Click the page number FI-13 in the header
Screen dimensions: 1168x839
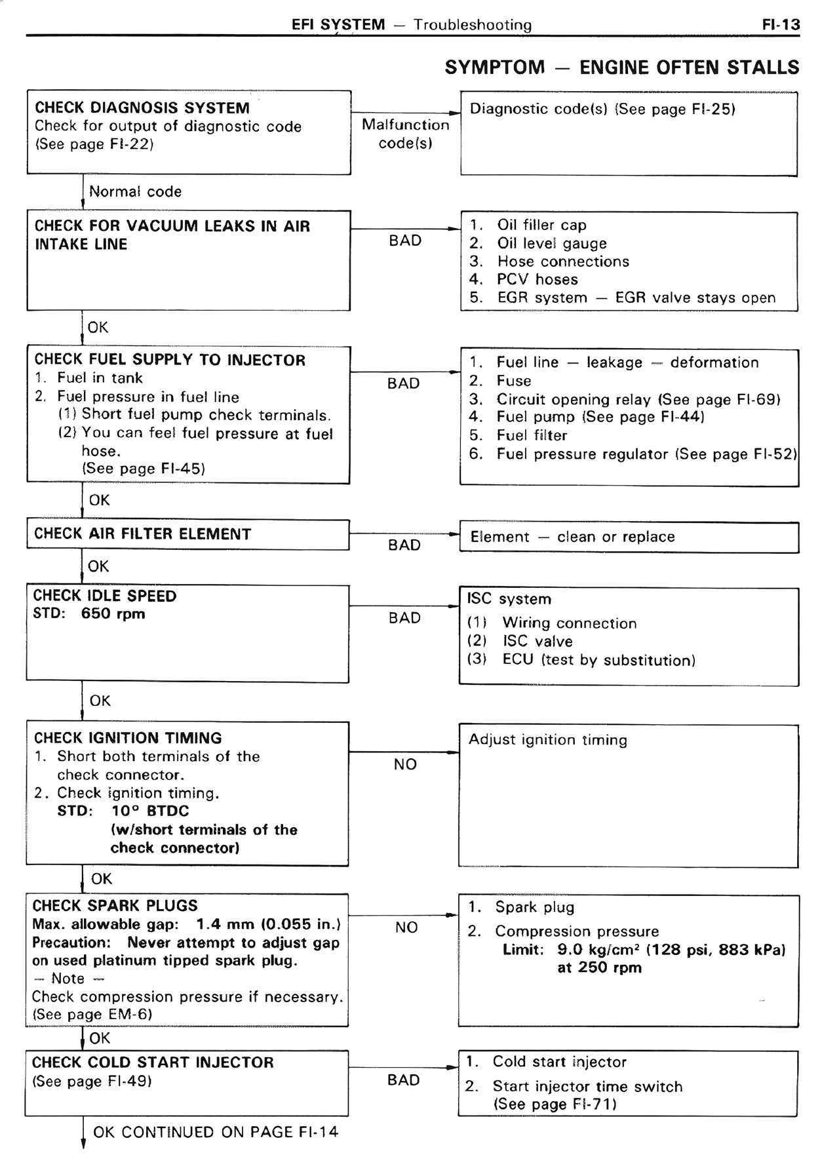click(x=781, y=25)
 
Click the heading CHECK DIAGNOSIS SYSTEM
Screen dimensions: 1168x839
click(x=142, y=108)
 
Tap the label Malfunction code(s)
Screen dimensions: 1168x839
click(x=405, y=134)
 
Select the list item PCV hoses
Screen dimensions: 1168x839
click(x=537, y=280)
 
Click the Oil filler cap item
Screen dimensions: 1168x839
click(x=541, y=225)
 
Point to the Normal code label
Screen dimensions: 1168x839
click(x=135, y=192)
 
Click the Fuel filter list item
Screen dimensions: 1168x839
click(x=531, y=436)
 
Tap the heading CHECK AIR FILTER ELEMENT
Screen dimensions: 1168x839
click(x=142, y=534)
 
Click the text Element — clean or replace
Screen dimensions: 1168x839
click(x=572, y=537)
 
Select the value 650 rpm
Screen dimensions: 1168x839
click(x=113, y=614)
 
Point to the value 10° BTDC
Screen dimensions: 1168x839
click(x=150, y=811)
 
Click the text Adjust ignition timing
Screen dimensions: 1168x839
click(x=547, y=740)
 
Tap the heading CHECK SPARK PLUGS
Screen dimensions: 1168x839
click(x=115, y=906)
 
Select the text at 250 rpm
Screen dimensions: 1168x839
click(x=599, y=967)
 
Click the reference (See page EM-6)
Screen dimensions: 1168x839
click(x=92, y=1015)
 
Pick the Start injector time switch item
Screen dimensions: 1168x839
click(x=587, y=1087)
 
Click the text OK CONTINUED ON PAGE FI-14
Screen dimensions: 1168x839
click(x=216, y=1133)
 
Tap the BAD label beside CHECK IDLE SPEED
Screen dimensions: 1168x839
click(x=404, y=618)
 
